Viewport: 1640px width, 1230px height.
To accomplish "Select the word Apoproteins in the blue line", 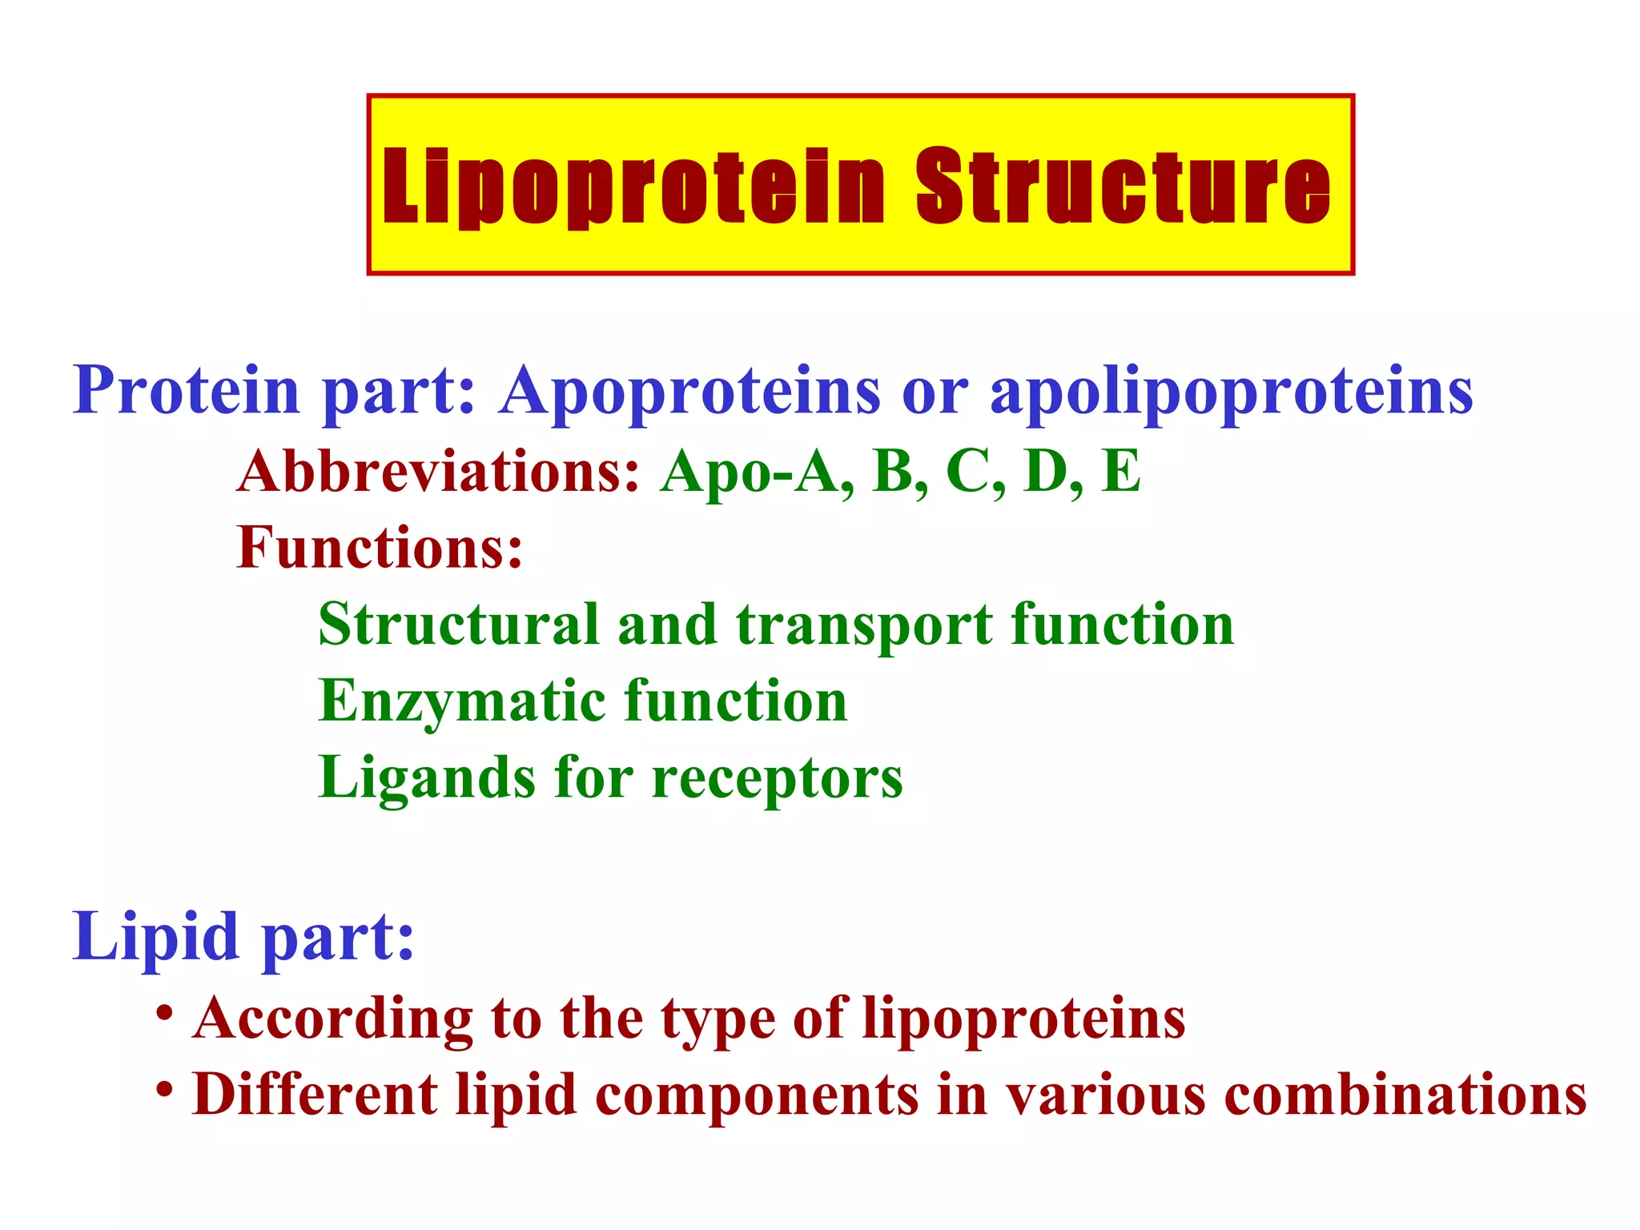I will pyautogui.click(x=689, y=391).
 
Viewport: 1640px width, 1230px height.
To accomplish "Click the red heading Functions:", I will pyautogui.click(x=380, y=548).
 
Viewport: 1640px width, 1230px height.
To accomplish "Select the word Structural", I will pyautogui.click(x=459, y=625).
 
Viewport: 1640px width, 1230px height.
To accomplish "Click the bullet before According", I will pyautogui.click(x=165, y=1014).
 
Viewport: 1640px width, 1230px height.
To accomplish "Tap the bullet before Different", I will pyautogui.click(x=165, y=1090).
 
